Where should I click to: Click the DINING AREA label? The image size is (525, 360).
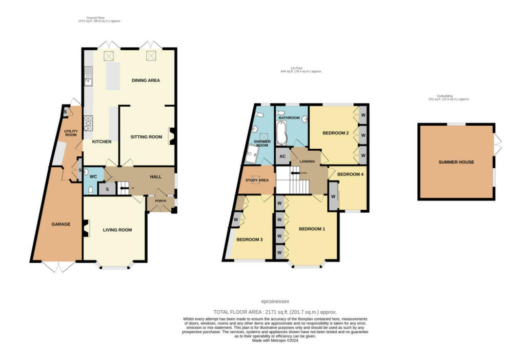click(x=146, y=81)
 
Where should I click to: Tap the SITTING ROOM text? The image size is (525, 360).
click(x=146, y=137)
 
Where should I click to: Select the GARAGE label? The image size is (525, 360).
click(x=60, y=224)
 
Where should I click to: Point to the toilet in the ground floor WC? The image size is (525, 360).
click(x=90, y=189)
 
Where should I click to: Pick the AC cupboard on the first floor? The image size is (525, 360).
click(x=282, y=156)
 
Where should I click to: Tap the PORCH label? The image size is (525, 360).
click(x=160, y=201)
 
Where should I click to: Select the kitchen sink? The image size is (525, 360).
click(x=88, y=78)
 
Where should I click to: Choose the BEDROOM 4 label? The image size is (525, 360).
click(x=351, y=174)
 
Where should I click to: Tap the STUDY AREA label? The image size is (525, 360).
click(x=257, y=181)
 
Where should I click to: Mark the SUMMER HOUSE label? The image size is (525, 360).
click(x=456, y=162)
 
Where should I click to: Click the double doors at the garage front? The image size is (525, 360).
click(x=57, y=267)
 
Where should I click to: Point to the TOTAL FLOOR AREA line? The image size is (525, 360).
click(x=275, y=312)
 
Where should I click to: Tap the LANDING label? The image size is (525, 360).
click(x=307, y=162)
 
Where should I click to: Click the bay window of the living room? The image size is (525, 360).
click(x=115, y=266)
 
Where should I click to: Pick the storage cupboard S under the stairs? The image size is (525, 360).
click(x=107, y=189)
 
